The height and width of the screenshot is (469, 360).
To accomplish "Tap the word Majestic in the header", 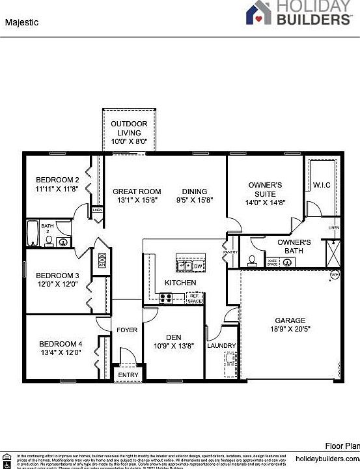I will [x=22, y=22].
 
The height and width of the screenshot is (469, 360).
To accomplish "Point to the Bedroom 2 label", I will [x=57, y=180].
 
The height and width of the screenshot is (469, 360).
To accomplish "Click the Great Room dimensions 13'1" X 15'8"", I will [x=137, y=201].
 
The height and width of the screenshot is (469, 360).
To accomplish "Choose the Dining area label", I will [x=195, y=192].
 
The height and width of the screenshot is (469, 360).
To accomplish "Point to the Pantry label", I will [x=230, y=251].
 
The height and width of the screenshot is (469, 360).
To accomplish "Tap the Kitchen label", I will [x=180, y=283].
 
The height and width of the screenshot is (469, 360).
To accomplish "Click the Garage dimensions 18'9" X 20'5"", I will [x=290, y=330].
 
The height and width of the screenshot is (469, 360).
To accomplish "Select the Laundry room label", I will [x=222, y=346].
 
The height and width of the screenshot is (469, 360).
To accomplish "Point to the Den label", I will [x=173, y=337].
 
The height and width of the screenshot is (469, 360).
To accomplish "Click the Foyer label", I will [x=127, y=330].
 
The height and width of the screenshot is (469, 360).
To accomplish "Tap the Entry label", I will [x=128, y=375].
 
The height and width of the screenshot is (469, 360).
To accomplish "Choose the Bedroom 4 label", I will [x=61, y=344].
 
